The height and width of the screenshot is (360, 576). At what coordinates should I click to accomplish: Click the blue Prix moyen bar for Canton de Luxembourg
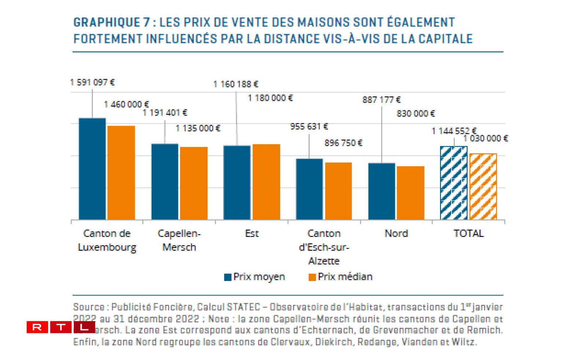tap(92, 169)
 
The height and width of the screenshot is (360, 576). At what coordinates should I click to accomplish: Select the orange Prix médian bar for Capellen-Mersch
tap(193, 183)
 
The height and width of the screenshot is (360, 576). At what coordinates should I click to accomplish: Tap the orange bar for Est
tap(266, 182)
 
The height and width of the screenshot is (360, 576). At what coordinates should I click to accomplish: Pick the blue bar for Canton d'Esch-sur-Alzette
tap(309, 189)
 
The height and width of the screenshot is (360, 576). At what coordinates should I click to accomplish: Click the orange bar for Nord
tap(410, 193)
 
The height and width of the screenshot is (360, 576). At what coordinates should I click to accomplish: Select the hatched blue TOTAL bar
tap(454, 183)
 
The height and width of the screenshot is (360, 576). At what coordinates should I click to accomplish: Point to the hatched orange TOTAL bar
tap(483, 187)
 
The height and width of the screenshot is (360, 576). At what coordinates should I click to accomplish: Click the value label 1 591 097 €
tap(92, 82)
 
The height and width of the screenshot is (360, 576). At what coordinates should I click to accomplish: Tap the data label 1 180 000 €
tap(270, 98)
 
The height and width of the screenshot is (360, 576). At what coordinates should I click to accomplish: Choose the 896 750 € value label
tap(343, 143)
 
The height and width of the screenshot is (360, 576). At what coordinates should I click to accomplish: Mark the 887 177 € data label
tap(381, 100)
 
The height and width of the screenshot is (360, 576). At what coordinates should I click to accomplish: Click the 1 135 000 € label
tap(198, 128)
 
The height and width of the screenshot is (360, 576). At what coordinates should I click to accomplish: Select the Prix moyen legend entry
tap(255, 277)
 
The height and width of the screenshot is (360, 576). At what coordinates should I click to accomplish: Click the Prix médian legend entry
tap(340, 277)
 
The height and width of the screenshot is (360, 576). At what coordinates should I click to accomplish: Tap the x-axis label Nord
tap(396, 233)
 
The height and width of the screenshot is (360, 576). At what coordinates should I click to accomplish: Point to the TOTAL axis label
tap(468, 233)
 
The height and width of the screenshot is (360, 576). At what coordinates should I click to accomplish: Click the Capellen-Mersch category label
tap(179, 240)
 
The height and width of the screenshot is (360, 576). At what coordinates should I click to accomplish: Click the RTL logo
tap(60, 327)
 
